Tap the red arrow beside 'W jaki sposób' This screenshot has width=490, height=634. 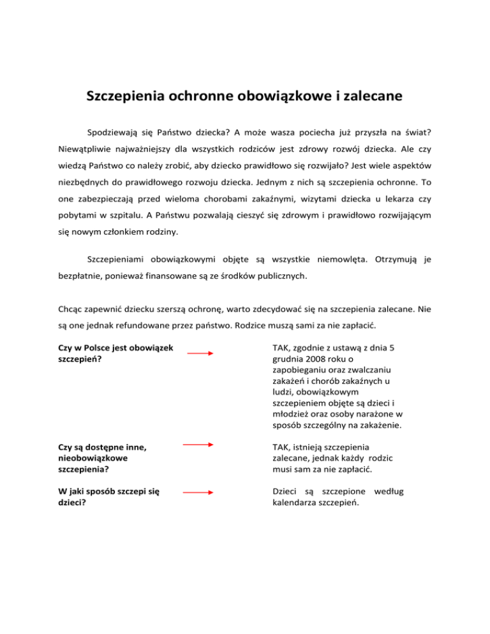[199, 492]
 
